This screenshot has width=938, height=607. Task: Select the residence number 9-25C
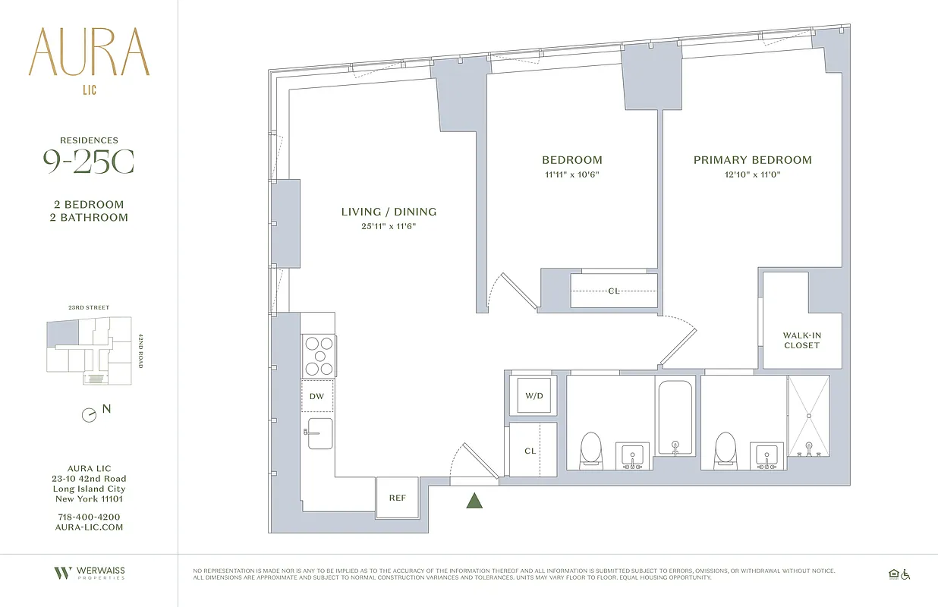(89, 162)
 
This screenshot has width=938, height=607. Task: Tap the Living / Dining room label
(389, 212)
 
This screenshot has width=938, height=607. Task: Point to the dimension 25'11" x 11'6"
(389, 226)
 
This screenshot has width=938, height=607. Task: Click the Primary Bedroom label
(752, 160)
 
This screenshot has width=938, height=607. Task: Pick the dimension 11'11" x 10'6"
(571, 175)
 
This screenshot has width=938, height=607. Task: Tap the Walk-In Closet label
(801, 341)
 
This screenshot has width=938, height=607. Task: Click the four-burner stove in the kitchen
(319, 356)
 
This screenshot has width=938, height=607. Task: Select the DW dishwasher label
(317, 396)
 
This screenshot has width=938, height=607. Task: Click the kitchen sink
(319, 432)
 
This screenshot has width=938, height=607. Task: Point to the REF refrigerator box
(397, 498)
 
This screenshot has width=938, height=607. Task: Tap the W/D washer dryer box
(534, 396)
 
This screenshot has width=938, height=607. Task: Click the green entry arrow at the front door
(474, 500)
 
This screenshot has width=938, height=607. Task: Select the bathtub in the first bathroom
(675, 417)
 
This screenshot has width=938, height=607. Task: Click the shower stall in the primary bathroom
(808, 417)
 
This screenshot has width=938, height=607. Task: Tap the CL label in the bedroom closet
(613, 291)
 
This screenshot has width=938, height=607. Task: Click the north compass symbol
(90, 415)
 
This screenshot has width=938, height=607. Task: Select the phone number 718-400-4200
(89, 517)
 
